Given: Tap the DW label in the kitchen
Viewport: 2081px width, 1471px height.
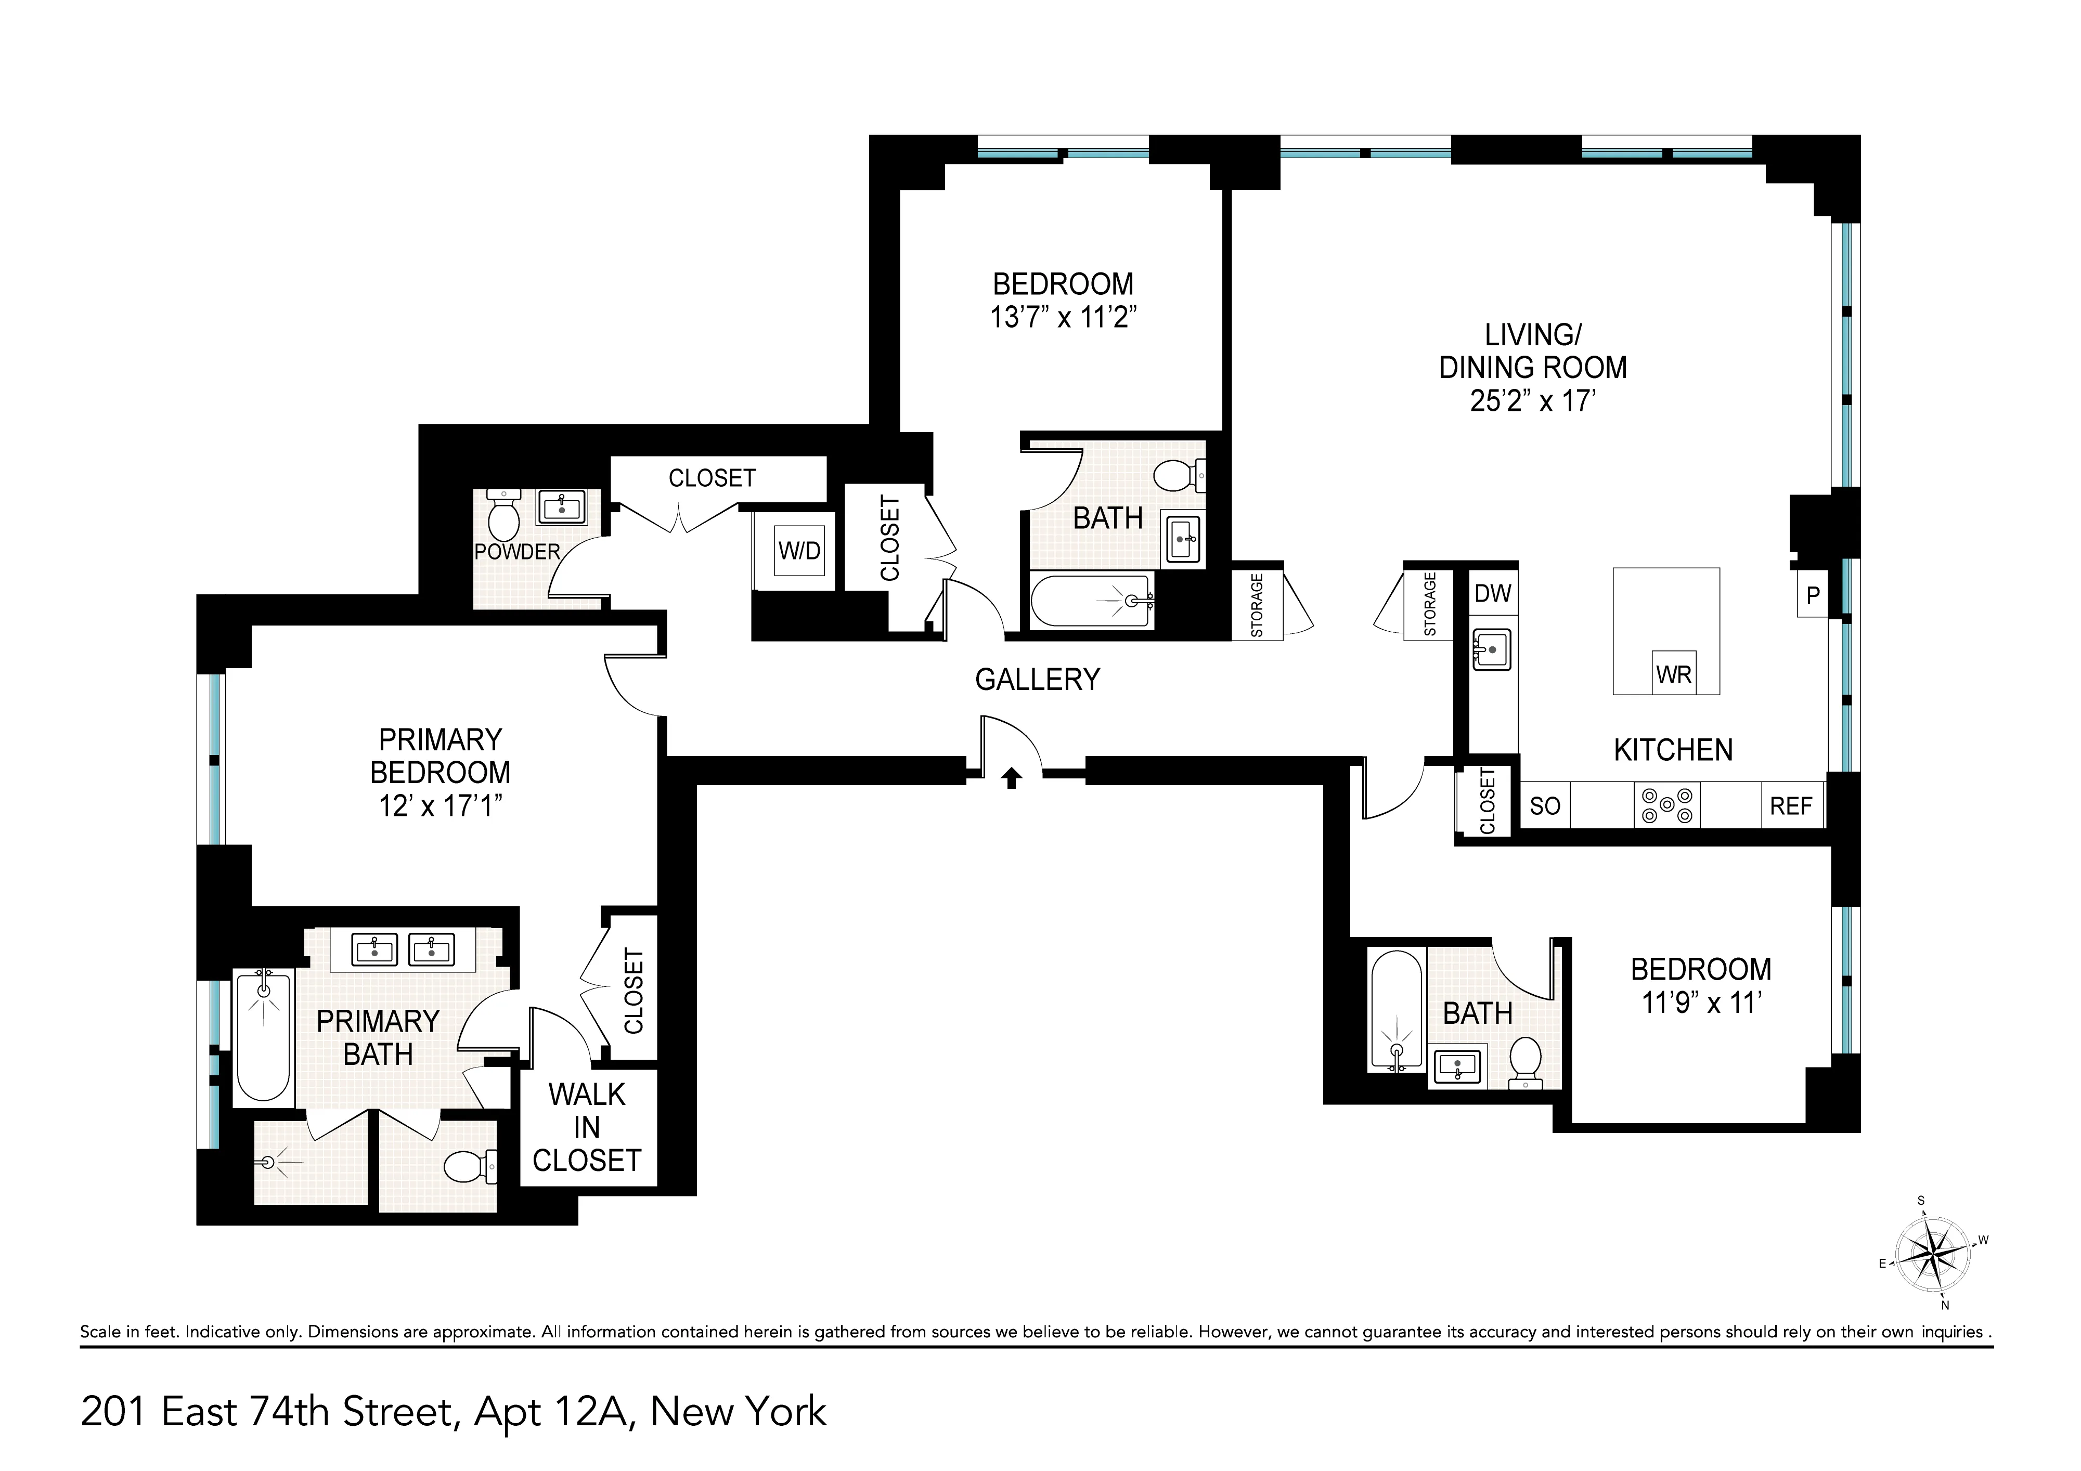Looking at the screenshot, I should [x=1493, y=594].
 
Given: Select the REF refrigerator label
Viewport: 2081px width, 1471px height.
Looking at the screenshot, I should [x=1790, y=806].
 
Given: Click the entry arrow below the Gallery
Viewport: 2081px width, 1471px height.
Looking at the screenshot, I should [x=1012, y=778].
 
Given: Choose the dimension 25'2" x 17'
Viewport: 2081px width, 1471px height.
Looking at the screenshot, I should [x=1533, y=400].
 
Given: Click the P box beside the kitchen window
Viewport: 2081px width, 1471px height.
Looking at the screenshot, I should [x=1813, y=595].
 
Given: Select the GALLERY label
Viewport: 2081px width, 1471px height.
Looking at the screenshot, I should [x=1037, y=679].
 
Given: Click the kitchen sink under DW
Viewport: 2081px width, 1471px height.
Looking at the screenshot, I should [x=1491, y=649].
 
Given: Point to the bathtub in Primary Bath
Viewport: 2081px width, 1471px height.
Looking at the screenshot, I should [x=263, y=1038].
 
